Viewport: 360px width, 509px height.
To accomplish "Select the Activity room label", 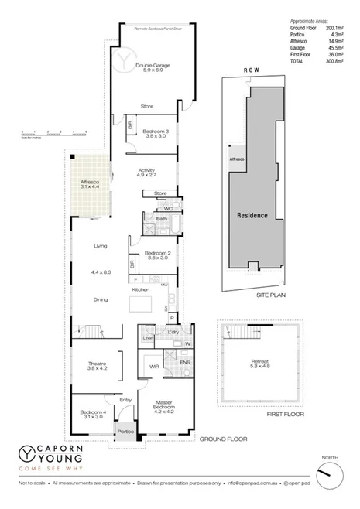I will click(147, 172).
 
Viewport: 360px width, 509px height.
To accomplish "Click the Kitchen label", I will click(140, 289).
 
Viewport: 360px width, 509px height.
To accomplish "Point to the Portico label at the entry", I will click(125, 430).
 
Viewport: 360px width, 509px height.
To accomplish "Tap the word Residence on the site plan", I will click(252, 215).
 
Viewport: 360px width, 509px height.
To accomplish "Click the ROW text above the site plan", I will click(249, 70).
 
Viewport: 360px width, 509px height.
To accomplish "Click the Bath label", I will click(161, 219).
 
